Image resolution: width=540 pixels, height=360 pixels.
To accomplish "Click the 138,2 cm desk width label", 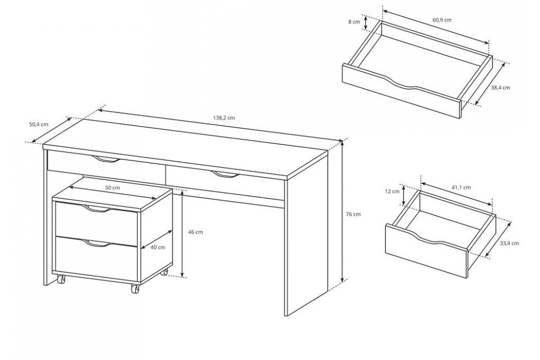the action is click(x=224, y=118).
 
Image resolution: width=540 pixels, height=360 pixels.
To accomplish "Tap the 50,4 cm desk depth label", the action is click(x=39, y=124).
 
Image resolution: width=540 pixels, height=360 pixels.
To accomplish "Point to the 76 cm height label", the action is click(x=353, y=214).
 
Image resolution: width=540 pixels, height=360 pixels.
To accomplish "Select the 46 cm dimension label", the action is click(x=195, y=232).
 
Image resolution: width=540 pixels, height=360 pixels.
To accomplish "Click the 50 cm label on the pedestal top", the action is click(x=113, y=188).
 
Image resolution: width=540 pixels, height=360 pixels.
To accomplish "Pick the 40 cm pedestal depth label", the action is click(x=158, y=247).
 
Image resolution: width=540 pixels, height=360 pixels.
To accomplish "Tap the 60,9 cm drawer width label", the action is click(x=442, y=20).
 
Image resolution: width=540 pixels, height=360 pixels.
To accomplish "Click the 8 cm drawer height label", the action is click(x=354, y=22).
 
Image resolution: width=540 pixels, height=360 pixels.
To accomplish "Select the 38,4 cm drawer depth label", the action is click(x=500, y=87).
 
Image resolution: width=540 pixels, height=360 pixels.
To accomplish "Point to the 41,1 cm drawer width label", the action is click(x=461, y=187).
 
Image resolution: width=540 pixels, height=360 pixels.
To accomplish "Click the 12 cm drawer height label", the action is click(x=393, y=191).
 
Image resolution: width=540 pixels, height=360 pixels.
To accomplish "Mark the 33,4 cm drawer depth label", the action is click(x=509, y=243).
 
